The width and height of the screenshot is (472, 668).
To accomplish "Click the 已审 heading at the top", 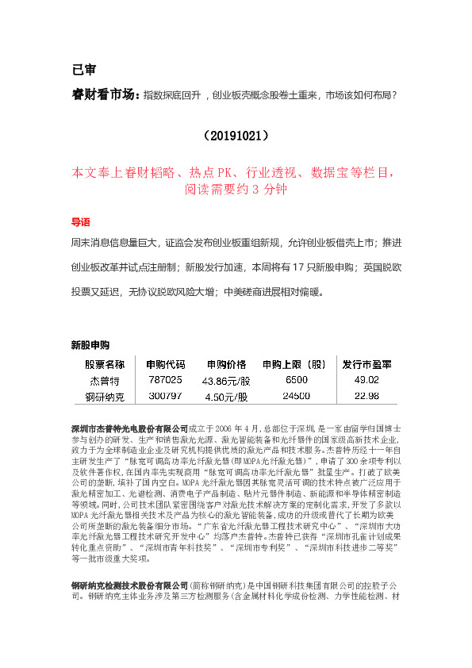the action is tap(83, 68).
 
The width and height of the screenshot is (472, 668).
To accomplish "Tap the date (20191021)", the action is tap(236, 136).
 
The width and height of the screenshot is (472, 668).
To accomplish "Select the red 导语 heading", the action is tap(81, 221).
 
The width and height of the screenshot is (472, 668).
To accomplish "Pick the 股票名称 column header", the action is tap(105, 365).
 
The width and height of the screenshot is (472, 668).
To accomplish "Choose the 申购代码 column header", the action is tap(166, 365).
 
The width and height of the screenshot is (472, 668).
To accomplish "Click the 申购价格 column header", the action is tap(227, 365).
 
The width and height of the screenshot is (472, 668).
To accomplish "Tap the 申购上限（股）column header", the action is tap(296, 365).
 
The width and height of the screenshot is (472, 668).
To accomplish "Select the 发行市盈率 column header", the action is tap(366, 365).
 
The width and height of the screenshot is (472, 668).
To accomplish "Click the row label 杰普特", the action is tap(104, 381).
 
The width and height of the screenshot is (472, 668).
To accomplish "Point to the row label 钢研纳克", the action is tap(104, 396).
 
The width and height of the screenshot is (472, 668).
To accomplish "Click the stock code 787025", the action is tap(166, 381).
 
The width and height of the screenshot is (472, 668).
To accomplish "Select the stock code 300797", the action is tap(166, 396).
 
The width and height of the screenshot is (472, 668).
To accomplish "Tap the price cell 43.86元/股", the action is tap(227, 382).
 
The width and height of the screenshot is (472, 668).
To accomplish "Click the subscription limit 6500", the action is tap(296, 381).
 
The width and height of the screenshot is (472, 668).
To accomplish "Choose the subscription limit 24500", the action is tap(296, 396).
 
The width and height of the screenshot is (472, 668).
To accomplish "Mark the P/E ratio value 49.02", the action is tap(366, 381).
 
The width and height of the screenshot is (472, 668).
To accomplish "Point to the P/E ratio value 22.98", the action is tap(366, 396).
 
